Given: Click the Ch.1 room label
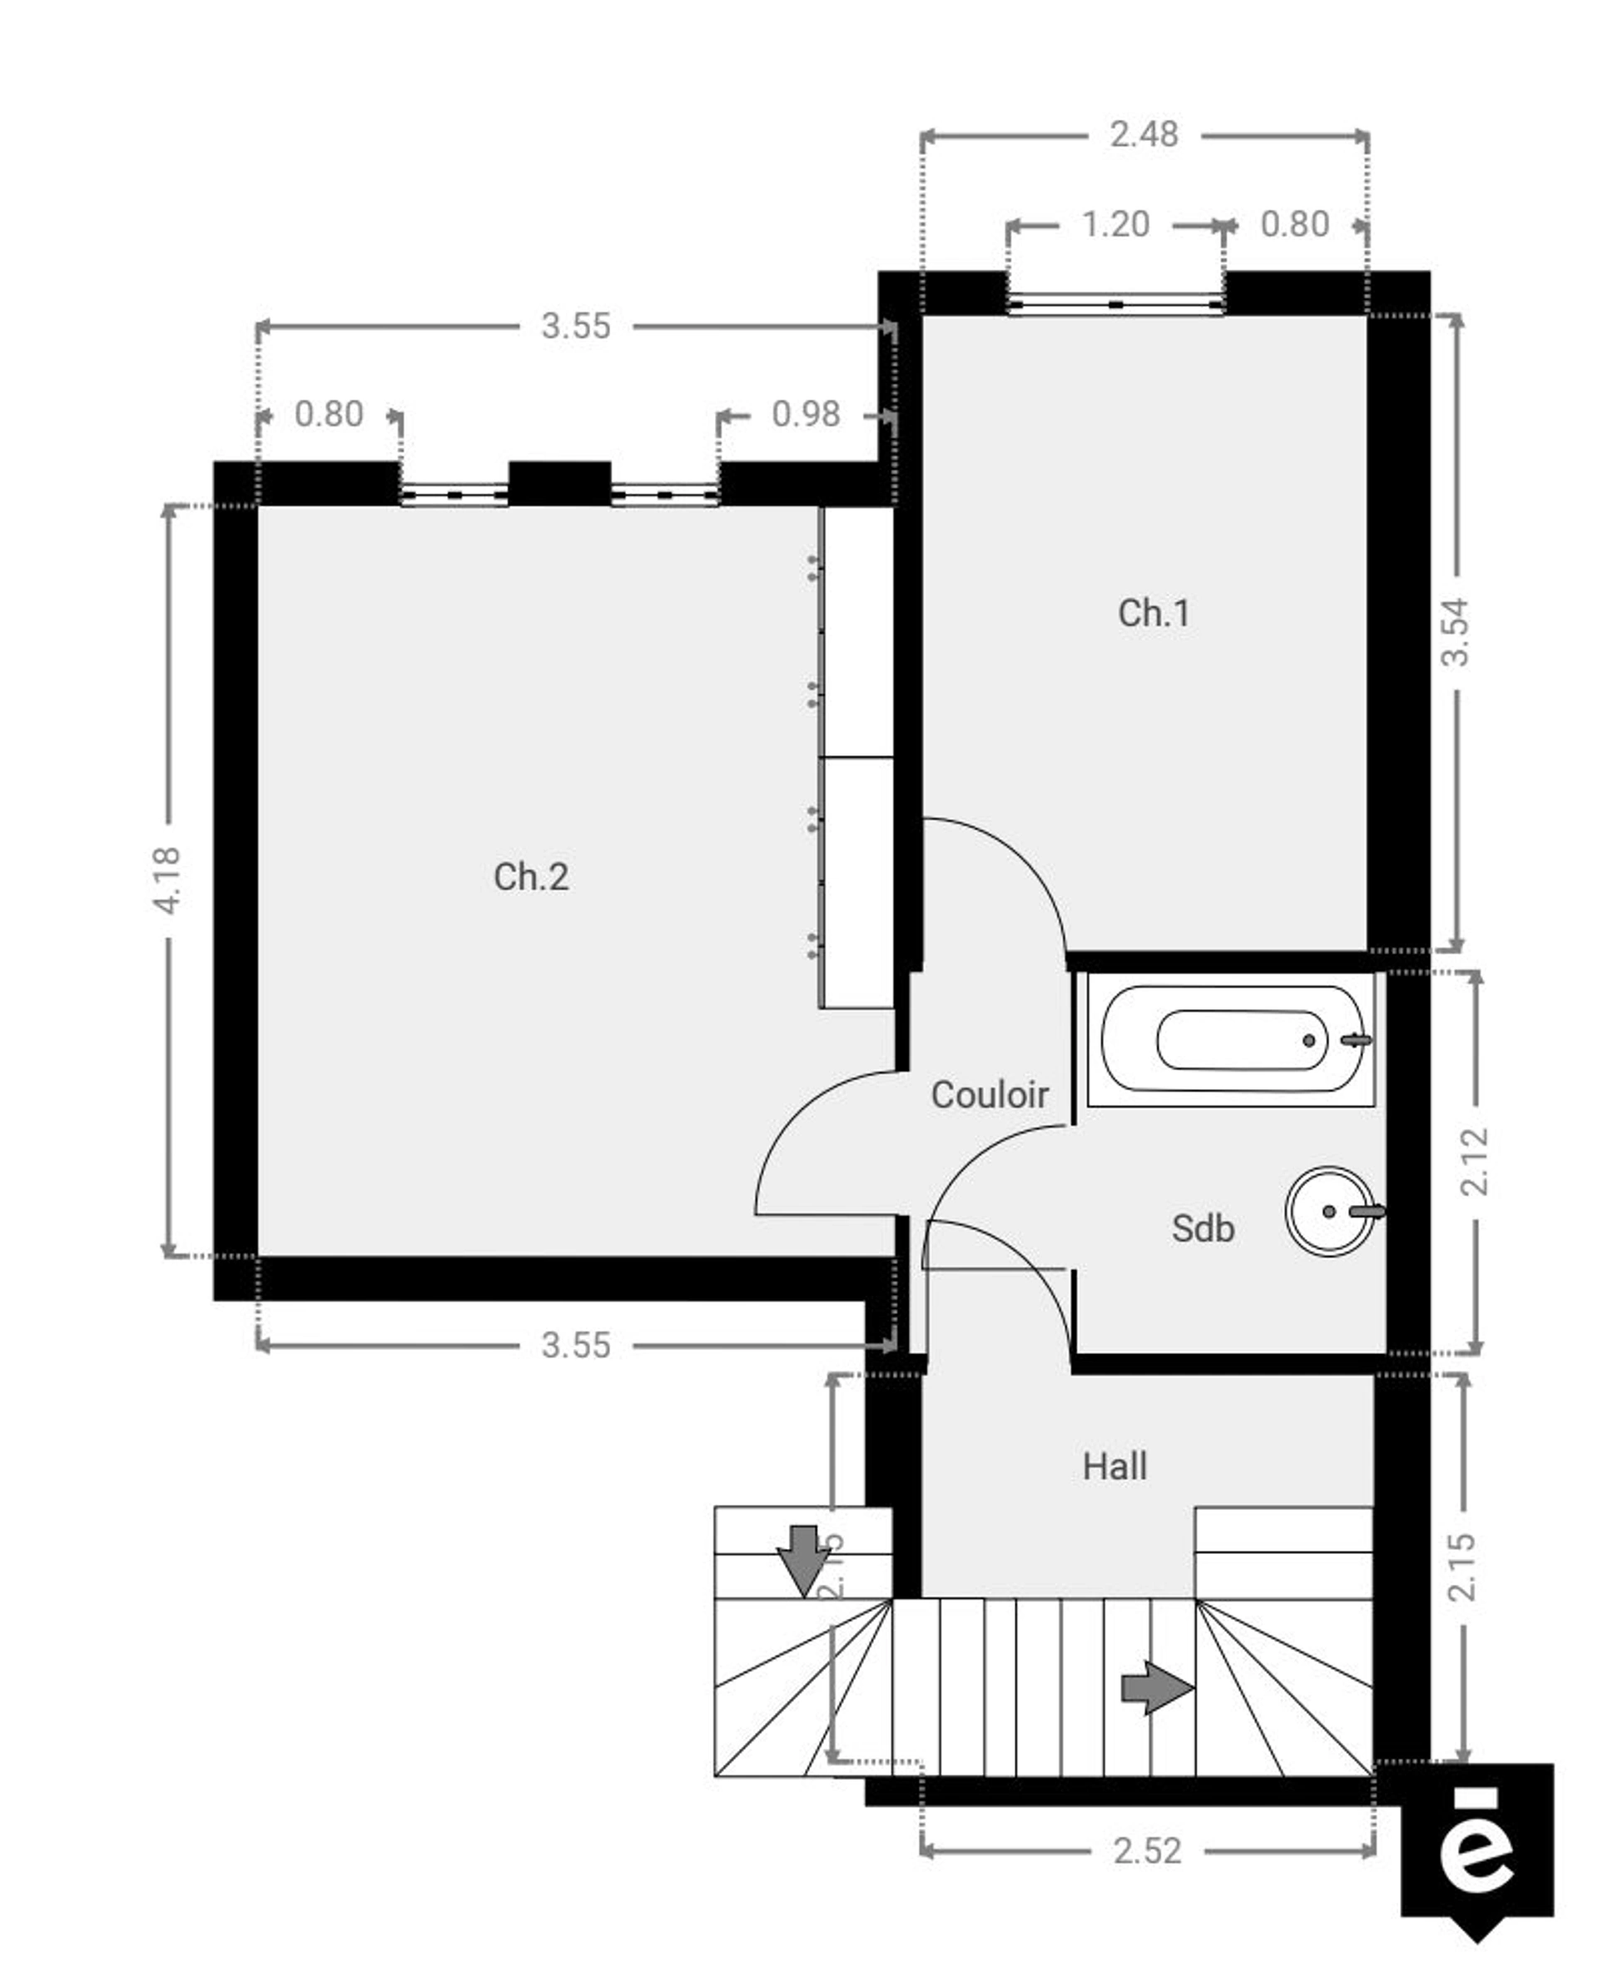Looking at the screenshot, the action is click(x=1154, y=613).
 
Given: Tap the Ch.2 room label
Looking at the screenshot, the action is click(x=531, y=877).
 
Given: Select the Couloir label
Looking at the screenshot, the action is click(x=990, y=1095).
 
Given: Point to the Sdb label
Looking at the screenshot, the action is click(x=1202, y=1228).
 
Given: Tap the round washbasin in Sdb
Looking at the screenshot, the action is click(x=1330, y=1211).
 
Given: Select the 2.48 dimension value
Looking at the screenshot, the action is click(x=1144, y=136).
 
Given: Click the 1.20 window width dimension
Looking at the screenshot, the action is click(x=1114, y=225).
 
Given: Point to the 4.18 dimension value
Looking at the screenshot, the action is click(x=167, y=880).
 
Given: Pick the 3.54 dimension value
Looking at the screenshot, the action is click(x=1456, y=633).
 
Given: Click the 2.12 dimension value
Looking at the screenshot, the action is click(x=1475, y=1163).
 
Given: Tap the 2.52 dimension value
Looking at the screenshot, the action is click(x=1147, y=1851).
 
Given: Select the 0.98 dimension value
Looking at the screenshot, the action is click(x=806, y=415).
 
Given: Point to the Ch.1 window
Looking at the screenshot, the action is click(x=1114, y=304).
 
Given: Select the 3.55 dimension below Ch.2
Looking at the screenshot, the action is click(x=575, y=1346).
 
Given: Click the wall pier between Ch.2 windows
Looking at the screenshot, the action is click(x=559, y=484).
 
